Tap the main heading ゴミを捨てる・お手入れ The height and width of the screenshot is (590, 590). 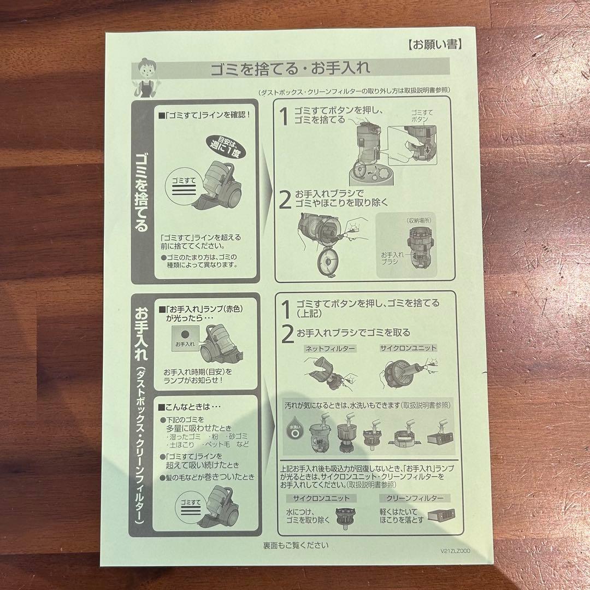[290, 69]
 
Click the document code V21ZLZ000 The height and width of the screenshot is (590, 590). [454, 551]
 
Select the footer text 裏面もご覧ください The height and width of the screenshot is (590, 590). [296, 545]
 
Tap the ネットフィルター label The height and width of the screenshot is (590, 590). [329, 348]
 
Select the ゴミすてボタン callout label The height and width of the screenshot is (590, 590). [421, 115]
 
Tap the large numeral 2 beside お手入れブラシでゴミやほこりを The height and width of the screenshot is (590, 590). [285, 200]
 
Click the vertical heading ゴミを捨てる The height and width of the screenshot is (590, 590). [142, 191]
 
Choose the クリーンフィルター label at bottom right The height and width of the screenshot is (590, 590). [415, 498]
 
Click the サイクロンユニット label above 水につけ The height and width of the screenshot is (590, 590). [321, 498]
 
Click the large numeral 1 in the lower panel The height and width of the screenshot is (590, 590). [286, 309]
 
